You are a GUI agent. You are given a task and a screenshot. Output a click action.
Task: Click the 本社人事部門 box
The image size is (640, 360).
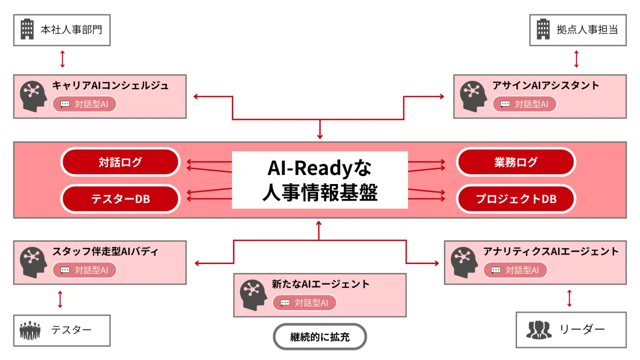(62, 30)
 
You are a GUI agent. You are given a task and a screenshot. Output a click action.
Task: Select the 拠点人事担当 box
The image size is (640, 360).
(578, 30)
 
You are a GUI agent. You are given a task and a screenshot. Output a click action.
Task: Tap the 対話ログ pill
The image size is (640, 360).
(120, 162)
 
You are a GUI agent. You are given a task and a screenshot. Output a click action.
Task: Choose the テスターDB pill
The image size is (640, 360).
(120, 199)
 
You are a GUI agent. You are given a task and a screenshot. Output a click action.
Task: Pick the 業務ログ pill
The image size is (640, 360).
(516, 162)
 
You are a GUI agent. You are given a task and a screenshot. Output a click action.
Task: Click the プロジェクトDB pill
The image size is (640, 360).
(516, 199)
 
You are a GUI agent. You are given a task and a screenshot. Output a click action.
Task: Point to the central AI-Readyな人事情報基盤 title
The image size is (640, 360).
(319, 180)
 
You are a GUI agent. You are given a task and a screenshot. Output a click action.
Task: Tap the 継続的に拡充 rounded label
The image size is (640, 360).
(320, 337)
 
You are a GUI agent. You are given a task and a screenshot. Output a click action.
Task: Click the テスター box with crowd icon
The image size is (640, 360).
(62, 330)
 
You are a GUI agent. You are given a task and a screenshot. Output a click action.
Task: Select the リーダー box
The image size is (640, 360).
(571, 330)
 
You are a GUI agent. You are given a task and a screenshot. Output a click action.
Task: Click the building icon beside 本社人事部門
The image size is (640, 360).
(27, 29)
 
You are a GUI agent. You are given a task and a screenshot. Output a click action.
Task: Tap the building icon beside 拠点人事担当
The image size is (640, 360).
(543, 29)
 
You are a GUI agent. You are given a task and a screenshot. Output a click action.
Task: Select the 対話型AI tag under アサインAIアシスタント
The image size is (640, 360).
(524, 104)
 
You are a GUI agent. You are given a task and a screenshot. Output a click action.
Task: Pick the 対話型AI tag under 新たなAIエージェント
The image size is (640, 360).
(305, 303)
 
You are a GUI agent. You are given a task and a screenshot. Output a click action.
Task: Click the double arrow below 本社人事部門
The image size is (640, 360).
(62, 59)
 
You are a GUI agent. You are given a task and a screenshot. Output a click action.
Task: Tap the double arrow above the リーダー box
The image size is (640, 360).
(570, 298)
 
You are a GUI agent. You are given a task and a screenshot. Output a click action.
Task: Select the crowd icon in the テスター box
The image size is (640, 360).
(30, 331)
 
